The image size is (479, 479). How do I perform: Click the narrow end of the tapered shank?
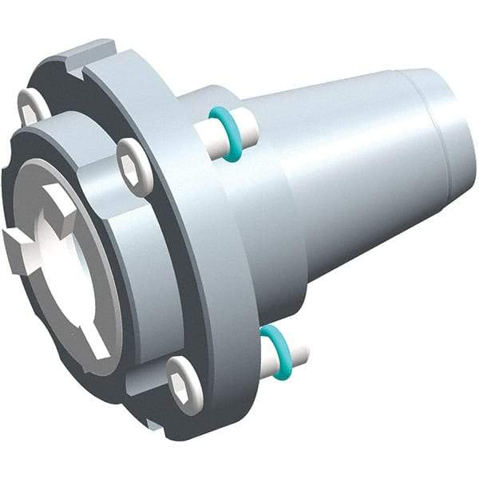coord(447,136)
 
